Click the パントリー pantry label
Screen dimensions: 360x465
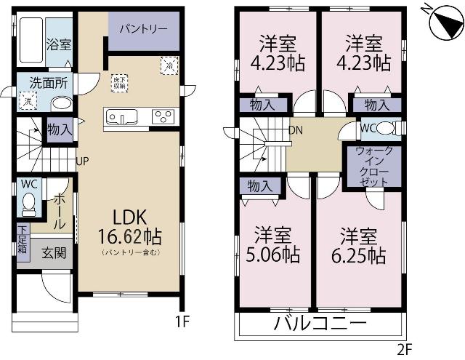[143, 28]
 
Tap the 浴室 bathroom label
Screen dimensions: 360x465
[59, 44]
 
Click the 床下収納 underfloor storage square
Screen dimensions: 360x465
[119, 82]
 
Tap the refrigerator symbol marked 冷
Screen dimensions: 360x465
[169, 64]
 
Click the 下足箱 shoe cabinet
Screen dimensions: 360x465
[23, 239]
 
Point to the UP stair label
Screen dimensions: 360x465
[82, 161]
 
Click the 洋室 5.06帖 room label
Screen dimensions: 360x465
[275, 245]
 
